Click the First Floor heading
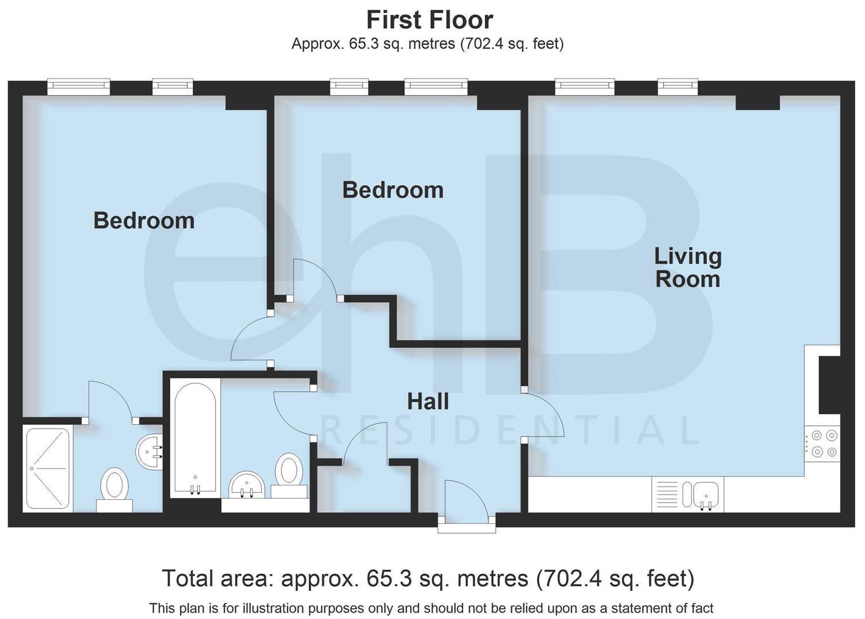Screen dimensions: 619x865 point(429,20)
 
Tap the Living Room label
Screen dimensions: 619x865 point(687,268)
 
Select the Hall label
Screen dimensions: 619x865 point(428,402)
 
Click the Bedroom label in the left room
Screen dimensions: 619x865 point(144,221)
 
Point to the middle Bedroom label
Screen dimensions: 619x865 point(393,190)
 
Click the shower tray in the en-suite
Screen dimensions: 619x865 point(48,468)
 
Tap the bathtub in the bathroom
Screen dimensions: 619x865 point(195,438)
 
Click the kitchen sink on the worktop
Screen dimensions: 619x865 point(706,494)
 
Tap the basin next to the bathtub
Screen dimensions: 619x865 point(246,486)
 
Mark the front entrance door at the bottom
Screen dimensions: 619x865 point(467,502)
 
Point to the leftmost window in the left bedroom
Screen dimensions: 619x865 point(78,87)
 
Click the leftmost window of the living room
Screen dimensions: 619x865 point(585,87)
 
